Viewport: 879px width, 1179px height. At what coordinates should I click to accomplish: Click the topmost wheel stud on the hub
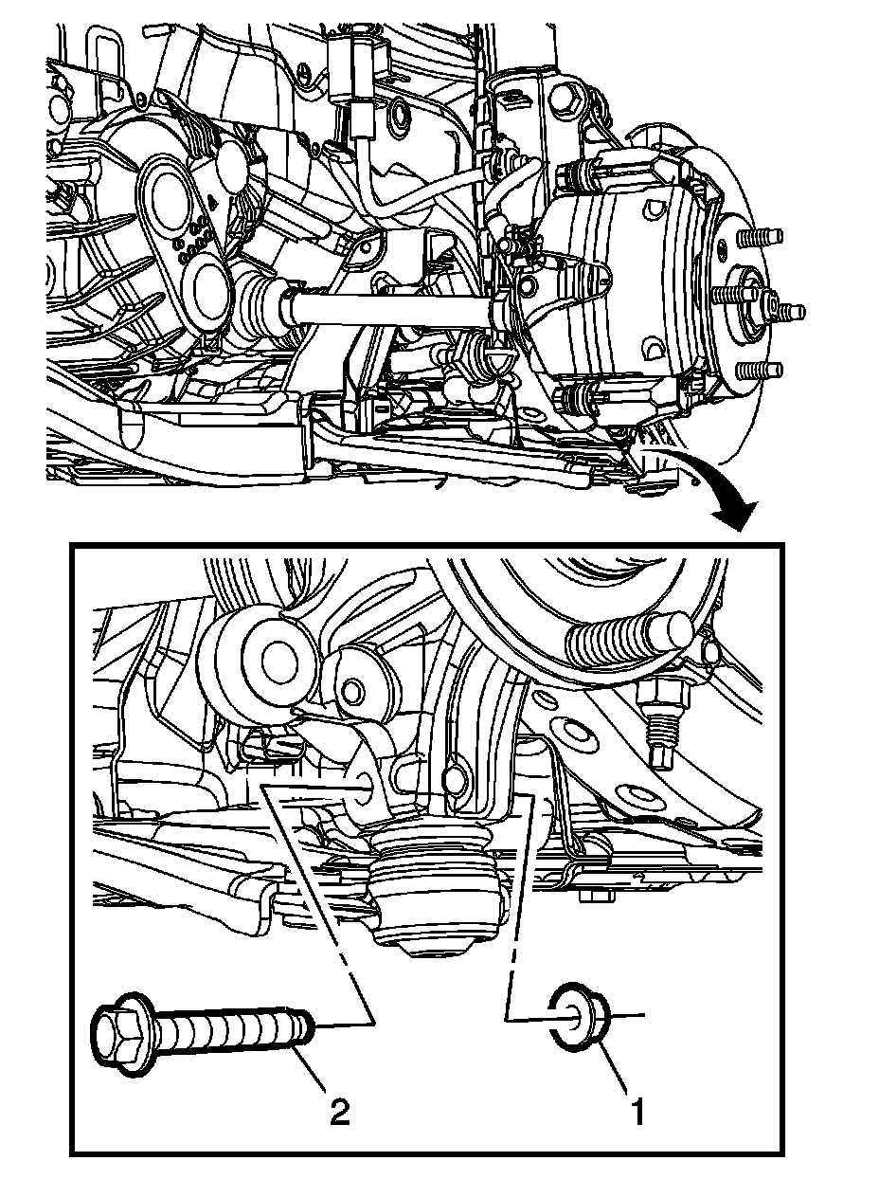point(761,236)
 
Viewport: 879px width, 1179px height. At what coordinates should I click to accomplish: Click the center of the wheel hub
point(749,304)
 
